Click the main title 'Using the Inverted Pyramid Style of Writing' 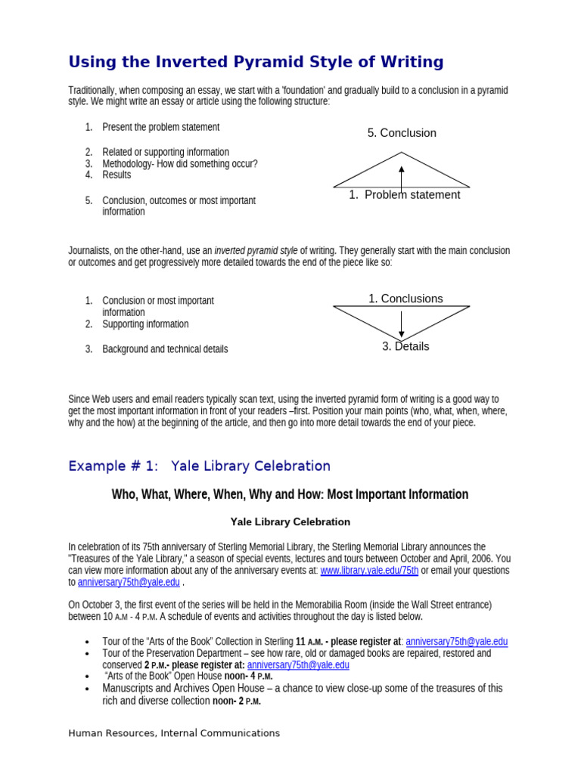click(256, 62)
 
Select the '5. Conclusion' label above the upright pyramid click(402, 133)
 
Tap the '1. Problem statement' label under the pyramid click(404, 195)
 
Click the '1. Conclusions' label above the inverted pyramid click(405, 299)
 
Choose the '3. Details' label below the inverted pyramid click(405, 346)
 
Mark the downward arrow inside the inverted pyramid click(402, 324)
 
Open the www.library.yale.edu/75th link click(369, 571)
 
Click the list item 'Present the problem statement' click(160, 127)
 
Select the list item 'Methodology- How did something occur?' click(179, 163)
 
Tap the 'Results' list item click(117, 175)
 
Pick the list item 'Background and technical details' click(165, 349)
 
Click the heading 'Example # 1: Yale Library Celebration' click(199, 466)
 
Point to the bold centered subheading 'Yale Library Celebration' click(290, 522)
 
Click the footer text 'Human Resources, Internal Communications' click(174, 732)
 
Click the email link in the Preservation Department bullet click(298, 664)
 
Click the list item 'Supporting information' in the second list click(145, 324)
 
